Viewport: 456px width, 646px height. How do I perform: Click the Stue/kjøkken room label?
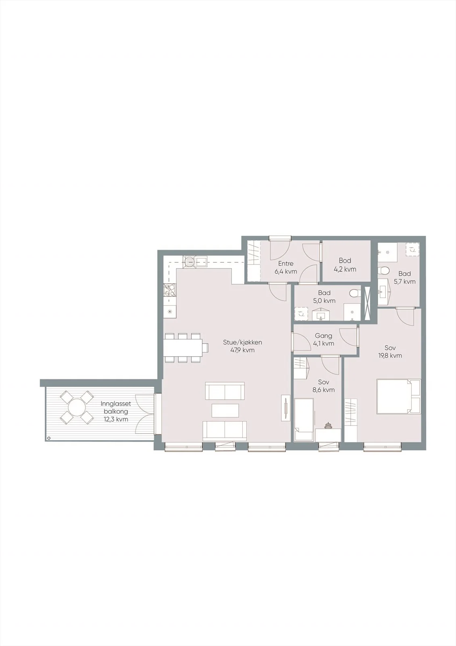pyautogui.click(x=242, y=343)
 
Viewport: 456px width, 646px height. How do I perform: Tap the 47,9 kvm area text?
pyautogui.click(x=242, y=350)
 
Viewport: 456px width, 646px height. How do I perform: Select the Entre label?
pyautogui.click(x=286, y=264)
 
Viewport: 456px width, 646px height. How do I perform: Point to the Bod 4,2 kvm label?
pyautogui.click(x=345, y=265)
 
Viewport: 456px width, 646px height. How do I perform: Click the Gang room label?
pyautogui.click(x=323, y=336)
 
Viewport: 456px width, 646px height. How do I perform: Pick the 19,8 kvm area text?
pyautogui.click(x=390, y=356)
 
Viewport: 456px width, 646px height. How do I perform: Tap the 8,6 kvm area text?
pyautogui.click(x=323, y=390)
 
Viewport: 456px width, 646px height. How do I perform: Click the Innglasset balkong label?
pyautogui.click(x=116, y=408)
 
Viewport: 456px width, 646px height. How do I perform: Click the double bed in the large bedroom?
pyautogui.click(x=399, y=397)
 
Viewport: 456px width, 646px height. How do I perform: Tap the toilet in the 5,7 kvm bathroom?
pyautogui.click(x=383, y=270)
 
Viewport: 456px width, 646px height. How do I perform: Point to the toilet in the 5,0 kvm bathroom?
pyautogui.click(x=355, y=293)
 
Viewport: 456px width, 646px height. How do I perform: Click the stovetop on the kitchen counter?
pyautogui.click(x=170, y=290)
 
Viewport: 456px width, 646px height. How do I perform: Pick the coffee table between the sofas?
pyautogui.click(x=225, y=410)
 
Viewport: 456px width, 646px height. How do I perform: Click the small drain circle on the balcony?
pyautogui.click(x=49, y=438)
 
